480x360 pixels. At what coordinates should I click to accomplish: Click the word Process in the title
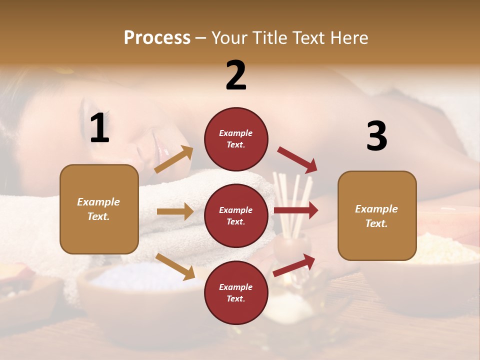click(x=157, y=38)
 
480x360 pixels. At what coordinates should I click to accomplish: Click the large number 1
click(x=99, y=128)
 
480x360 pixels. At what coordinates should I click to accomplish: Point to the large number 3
click(x=376, y=136)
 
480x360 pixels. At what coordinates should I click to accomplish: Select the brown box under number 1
click(x=99, y=209)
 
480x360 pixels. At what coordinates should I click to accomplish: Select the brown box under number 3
click(x=377, y=215)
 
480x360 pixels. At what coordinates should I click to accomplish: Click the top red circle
click(x=236, y=139)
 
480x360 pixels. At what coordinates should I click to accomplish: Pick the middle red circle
click(x=236, y=215)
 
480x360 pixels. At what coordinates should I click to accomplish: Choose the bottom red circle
click(x=236, y=292)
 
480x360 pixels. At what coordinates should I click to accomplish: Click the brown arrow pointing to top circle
click(x=174, y=159)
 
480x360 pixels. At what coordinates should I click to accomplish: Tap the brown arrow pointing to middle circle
click(x=175, y=211)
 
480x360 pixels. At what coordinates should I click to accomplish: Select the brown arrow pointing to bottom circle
click(x=175, y=266)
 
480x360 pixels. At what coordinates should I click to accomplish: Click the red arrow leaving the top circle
click(x=297, y=160)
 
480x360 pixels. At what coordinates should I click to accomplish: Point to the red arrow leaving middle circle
click(x=296, y=210)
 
